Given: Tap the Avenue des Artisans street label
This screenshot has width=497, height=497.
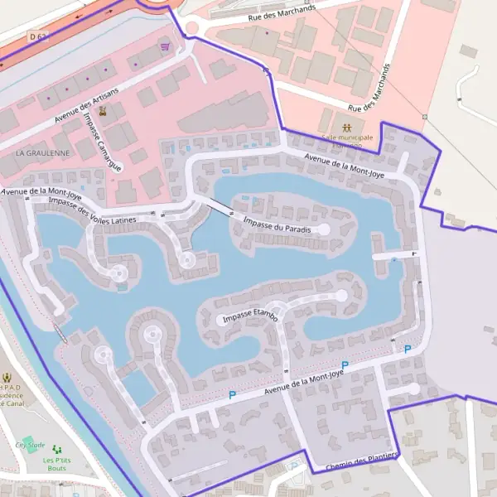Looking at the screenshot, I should [87, 105].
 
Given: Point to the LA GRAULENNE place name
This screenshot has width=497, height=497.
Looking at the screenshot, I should [42, 153].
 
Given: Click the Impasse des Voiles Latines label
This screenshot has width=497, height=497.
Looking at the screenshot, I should [92, 211].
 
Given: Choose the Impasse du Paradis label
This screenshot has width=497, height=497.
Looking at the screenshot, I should [277, 224].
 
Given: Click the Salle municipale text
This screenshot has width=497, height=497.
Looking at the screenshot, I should [347, 137].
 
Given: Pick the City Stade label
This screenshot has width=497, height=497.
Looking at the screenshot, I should [30, 445].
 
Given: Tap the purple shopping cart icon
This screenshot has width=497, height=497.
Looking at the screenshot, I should [165, 47].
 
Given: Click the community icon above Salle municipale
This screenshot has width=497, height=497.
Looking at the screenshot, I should [347, 127].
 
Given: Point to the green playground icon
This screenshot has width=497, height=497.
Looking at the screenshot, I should [57, 450].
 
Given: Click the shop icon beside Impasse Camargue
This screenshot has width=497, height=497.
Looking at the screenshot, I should [103, 110].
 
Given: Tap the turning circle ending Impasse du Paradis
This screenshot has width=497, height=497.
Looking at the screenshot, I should [324, 229].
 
